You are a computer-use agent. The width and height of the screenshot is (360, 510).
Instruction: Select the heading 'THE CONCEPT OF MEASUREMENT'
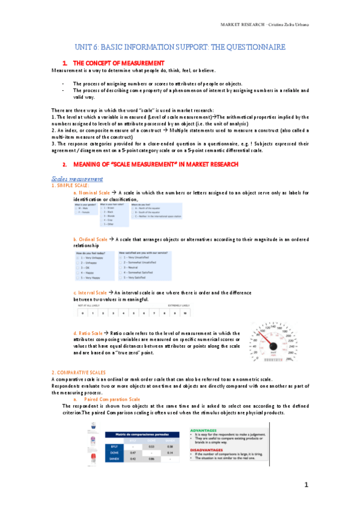click(118, 63)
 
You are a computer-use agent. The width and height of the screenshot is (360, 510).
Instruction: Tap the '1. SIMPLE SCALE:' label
click(71, 185)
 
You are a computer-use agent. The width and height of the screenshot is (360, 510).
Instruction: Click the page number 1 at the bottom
click(306, 485)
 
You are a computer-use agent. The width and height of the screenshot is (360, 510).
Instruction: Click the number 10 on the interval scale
click(186, 313)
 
